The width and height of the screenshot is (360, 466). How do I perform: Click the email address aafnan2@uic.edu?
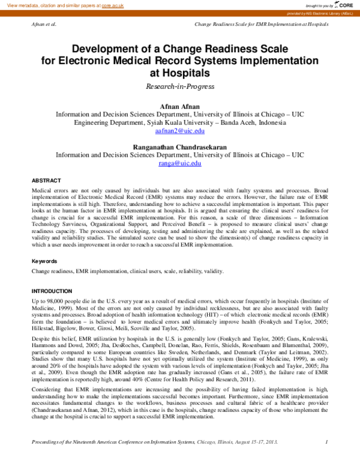(x=180, y=130)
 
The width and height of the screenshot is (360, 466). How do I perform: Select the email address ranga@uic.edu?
(x=180, y=163)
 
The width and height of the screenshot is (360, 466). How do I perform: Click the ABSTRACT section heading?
(x=46, y=180)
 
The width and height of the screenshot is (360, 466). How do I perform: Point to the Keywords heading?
(x=44, y=261)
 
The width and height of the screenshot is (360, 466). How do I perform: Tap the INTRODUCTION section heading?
(x=52, y=291)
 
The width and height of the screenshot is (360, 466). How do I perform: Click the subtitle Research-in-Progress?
(x=180, y=86)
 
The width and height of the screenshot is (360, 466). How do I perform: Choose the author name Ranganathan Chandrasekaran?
(x=180, y=146)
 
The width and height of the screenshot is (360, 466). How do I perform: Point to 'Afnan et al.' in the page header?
(x=43, y=25)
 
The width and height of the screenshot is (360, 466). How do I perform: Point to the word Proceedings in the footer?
(x=48, y=459)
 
